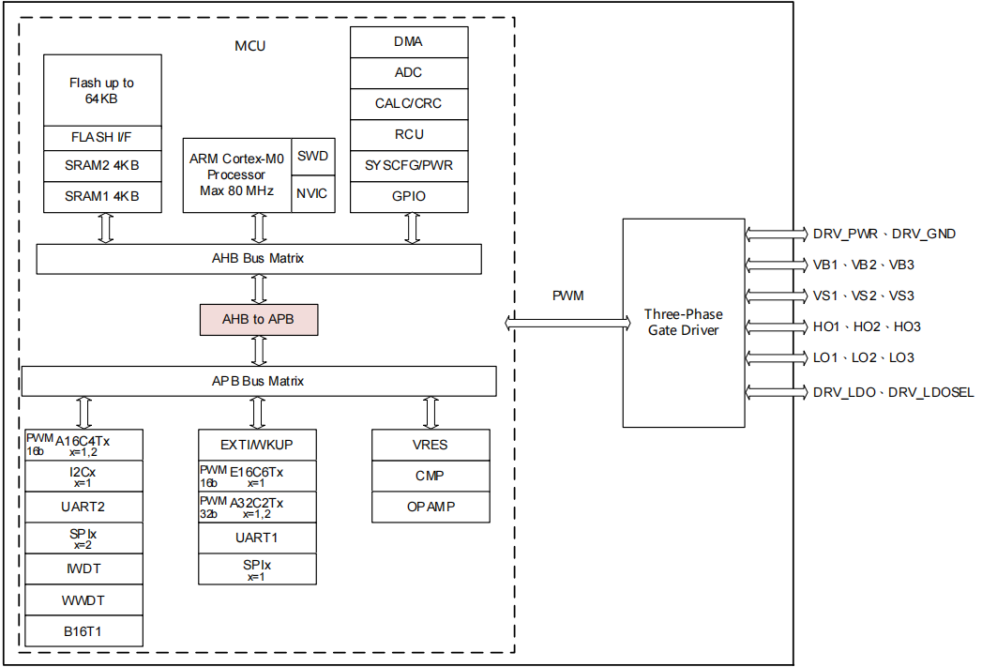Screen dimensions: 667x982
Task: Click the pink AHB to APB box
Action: [x=259, y=319]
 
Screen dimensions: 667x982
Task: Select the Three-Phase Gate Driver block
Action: [x=682, y=322]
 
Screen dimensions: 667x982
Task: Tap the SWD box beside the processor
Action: [x=312, y=156]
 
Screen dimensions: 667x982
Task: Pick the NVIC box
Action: [x=312, y=193]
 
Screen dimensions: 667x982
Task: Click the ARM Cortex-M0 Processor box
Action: [x=236, y=174]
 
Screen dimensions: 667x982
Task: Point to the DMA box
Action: [x=409, y=42]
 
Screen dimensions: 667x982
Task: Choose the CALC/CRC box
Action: [x=409, y=103]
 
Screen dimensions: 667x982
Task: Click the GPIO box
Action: [x=409, y=196]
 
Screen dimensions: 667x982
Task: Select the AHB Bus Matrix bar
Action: [x=258, y=258]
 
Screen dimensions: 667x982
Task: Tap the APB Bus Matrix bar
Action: [x=258, y=381]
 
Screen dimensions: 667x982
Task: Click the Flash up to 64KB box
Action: [x=102, y=90]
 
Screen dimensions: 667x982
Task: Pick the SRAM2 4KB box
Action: [x=102, y=166]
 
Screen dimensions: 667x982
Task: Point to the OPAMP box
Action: [x=430, y=507]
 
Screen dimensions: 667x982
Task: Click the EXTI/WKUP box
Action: [x=256, y=445]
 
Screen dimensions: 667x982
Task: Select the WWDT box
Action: [x=83, y=599]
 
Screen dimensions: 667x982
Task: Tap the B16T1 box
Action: [x=83, y=630]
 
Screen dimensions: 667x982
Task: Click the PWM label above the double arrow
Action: [x=567, y=296]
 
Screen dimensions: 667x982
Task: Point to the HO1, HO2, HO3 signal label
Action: [x=867, y=326]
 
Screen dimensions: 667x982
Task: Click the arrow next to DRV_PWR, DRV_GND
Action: [x=775, y=234]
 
